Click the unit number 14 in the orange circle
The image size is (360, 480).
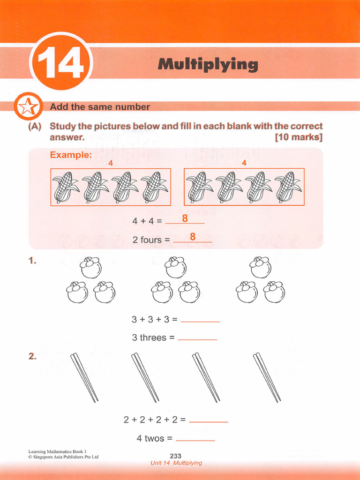coord(61,64)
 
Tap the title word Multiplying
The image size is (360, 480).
coord(208,64)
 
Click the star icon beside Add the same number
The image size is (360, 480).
coord(27,107)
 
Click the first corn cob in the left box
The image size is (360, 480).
coord(66,187)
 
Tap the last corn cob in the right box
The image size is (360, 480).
coord(287,187)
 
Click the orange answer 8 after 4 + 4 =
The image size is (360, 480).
coord(185,218)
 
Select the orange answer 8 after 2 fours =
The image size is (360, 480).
coord(192,237)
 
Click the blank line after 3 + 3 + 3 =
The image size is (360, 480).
coord(200,321)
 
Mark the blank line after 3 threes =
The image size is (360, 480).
coord(197,338)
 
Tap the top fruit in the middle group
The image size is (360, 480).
coord(176,267)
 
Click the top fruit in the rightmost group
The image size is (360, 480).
coord(261,267)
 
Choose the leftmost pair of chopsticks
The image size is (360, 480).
coord(84,377)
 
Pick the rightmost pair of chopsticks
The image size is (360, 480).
coord(267,377)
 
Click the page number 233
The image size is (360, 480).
coord(175,456)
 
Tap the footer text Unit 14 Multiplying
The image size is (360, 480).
coord(176,463)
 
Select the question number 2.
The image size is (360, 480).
coord(32,356)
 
